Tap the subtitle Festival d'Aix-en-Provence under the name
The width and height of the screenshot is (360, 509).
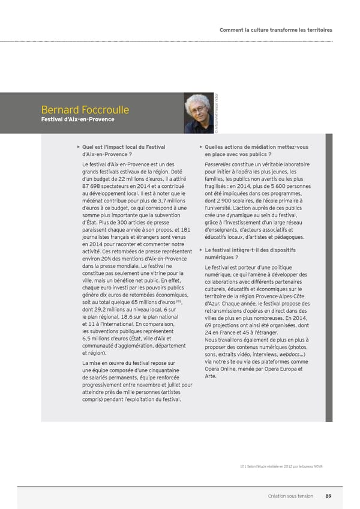click(77, 119)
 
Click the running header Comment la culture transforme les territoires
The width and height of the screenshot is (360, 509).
click(275, 29)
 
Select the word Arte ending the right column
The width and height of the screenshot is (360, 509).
click(210, 376)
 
